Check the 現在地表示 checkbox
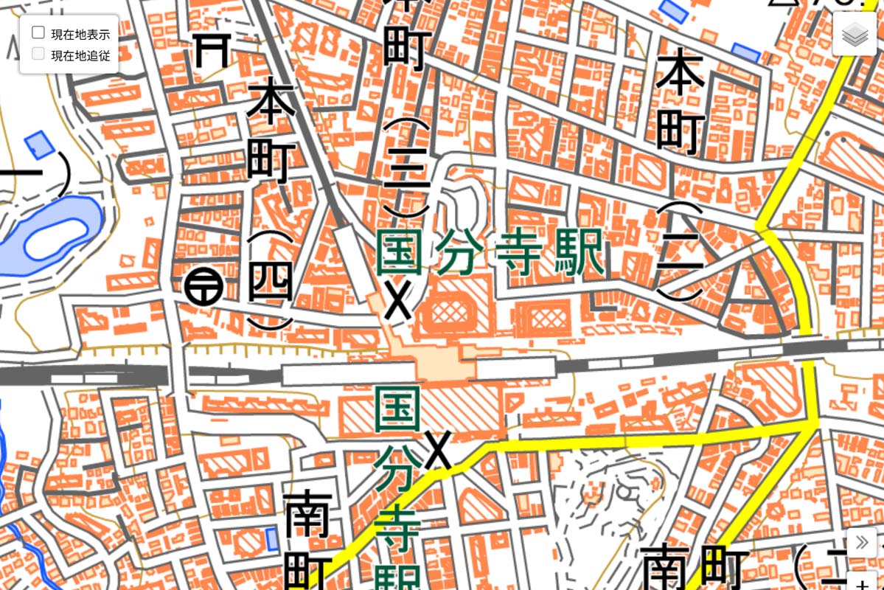pos(38,32)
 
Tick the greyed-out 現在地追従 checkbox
pos(38,54)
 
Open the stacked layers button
pos(855,34)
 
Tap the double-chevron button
pos(861,544)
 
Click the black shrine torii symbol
pos(213,51)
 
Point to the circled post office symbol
pos(204,286)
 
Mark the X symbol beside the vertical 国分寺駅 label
pos(438,451)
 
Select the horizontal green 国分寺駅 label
pos(490,253)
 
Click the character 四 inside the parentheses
pos(271,282)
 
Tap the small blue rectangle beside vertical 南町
pos(272,539)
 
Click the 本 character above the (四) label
pos(271,103)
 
